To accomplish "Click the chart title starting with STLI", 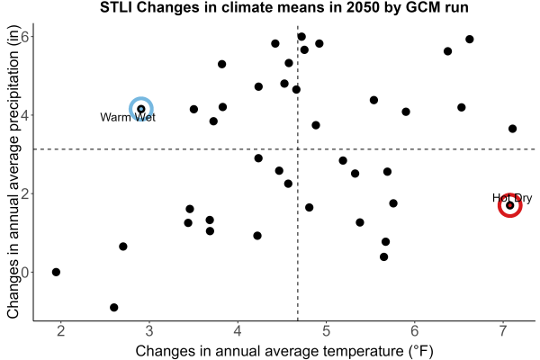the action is point(284,7).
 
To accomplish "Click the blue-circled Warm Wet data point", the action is point(141,109).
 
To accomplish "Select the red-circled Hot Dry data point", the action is point(510,206).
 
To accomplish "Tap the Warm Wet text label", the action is point(128,118).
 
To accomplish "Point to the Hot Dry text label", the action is point(512,198).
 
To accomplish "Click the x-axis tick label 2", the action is point(61,331).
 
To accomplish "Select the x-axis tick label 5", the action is point(326,331).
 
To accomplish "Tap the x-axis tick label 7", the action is point(503,331).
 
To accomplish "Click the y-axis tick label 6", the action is point(25,37).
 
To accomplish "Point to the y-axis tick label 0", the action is point(25,272).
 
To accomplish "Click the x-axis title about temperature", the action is point(284,351).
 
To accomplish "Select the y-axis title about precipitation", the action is point(13,172).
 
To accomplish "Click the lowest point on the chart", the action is point(114,307).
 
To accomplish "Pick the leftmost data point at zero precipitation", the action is point(56,272).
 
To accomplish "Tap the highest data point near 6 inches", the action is point(301,37).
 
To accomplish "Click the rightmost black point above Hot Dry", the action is point(512,129).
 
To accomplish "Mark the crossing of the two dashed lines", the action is point(298,149).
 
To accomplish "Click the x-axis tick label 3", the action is point(149,331).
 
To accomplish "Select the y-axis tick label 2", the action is point(25,193).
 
